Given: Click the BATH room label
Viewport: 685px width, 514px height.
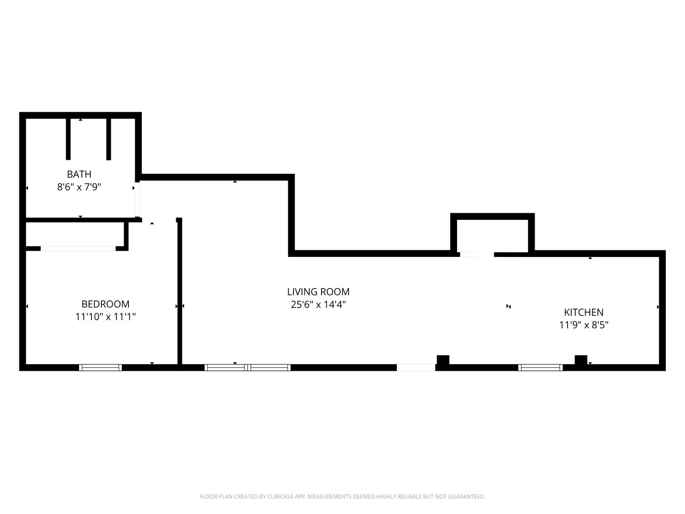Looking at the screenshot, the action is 79,174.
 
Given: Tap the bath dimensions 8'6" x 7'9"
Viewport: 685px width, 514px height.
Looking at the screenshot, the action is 79,187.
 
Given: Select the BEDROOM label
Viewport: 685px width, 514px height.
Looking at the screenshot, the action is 106,304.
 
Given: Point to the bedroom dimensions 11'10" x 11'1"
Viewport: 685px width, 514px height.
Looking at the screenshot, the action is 106,317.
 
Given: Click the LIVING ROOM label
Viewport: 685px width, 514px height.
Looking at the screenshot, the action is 318,292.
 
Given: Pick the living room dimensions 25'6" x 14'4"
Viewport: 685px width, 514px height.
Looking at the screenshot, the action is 318,305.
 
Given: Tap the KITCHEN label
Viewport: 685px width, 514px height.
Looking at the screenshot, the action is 584,312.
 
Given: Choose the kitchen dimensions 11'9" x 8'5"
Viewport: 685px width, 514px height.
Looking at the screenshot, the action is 584,325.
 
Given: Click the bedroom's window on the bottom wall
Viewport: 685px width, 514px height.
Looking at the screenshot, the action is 100,367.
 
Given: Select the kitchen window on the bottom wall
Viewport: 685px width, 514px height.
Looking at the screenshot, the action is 540,367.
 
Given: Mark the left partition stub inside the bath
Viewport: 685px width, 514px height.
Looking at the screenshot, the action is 68,139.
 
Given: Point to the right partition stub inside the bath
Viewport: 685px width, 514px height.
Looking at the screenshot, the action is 108,139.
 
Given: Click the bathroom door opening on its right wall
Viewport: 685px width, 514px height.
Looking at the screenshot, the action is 137,199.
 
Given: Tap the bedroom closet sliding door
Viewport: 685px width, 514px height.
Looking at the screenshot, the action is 78,248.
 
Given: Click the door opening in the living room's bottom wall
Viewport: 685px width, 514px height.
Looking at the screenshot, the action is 416,367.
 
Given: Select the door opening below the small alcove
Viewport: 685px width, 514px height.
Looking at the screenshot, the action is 477,255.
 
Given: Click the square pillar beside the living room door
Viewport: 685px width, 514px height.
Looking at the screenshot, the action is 443,360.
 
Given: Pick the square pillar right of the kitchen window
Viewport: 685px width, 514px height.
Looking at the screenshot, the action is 581,360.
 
